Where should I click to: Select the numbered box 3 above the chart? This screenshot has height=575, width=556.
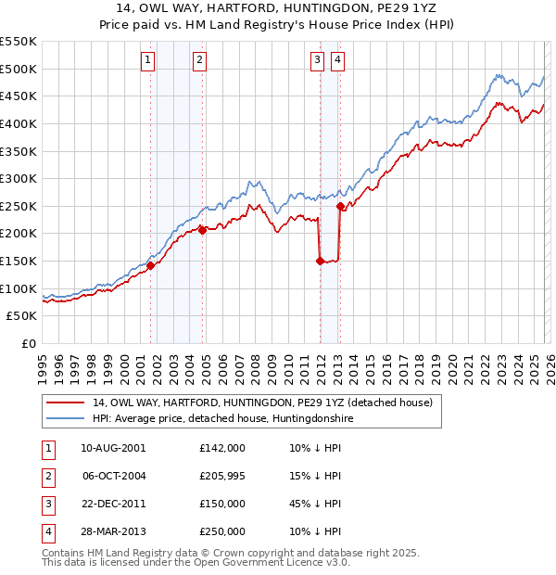[318, 61]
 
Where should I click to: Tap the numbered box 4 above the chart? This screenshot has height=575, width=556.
[338, 61]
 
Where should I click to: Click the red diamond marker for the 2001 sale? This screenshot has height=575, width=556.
[150, 265]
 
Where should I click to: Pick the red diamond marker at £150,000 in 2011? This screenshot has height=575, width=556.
[320, 261]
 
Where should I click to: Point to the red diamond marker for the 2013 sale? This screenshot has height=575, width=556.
[340, 206]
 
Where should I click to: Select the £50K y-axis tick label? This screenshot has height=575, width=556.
[22, 316]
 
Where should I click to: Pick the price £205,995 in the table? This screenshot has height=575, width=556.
[222, 476]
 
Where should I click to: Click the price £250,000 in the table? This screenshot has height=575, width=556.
[222, 531]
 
